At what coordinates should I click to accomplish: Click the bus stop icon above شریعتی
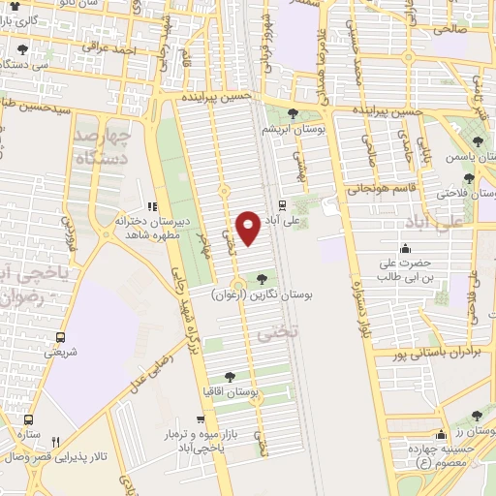tap(61, 338)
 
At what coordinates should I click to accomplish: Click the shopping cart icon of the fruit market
tap(200, 420)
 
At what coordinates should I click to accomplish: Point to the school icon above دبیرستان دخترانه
tap(150, 206)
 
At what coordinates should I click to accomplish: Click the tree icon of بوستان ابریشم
tap(293, 114)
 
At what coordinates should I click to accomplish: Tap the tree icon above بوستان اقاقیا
tap(229, 377)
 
